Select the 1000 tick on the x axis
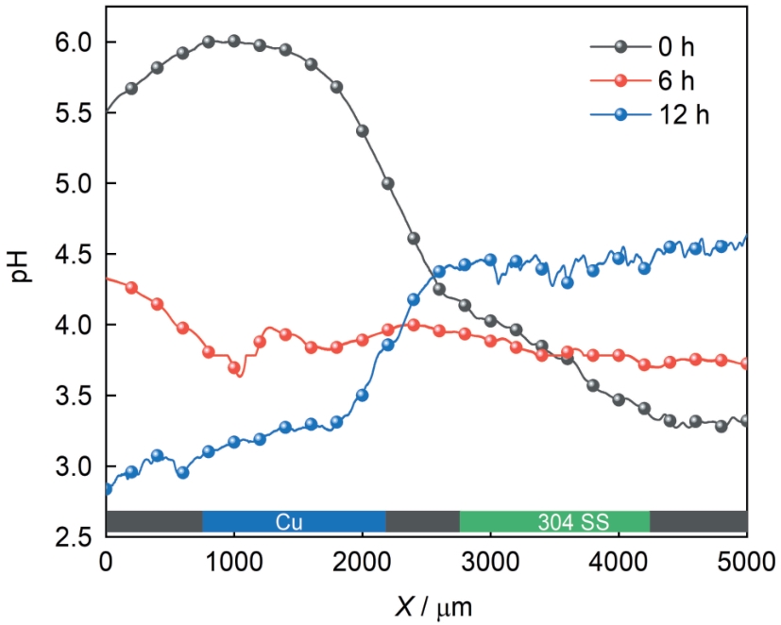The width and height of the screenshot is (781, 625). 234,562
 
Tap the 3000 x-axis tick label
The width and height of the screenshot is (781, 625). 490,562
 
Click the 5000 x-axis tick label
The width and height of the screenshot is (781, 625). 746,562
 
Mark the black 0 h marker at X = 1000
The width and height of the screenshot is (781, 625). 234,42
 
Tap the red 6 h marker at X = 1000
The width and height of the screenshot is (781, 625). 234,368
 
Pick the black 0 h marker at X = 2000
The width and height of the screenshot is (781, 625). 362,131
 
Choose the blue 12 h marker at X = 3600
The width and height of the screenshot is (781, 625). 567,282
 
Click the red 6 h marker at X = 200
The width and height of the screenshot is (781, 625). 131,288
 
